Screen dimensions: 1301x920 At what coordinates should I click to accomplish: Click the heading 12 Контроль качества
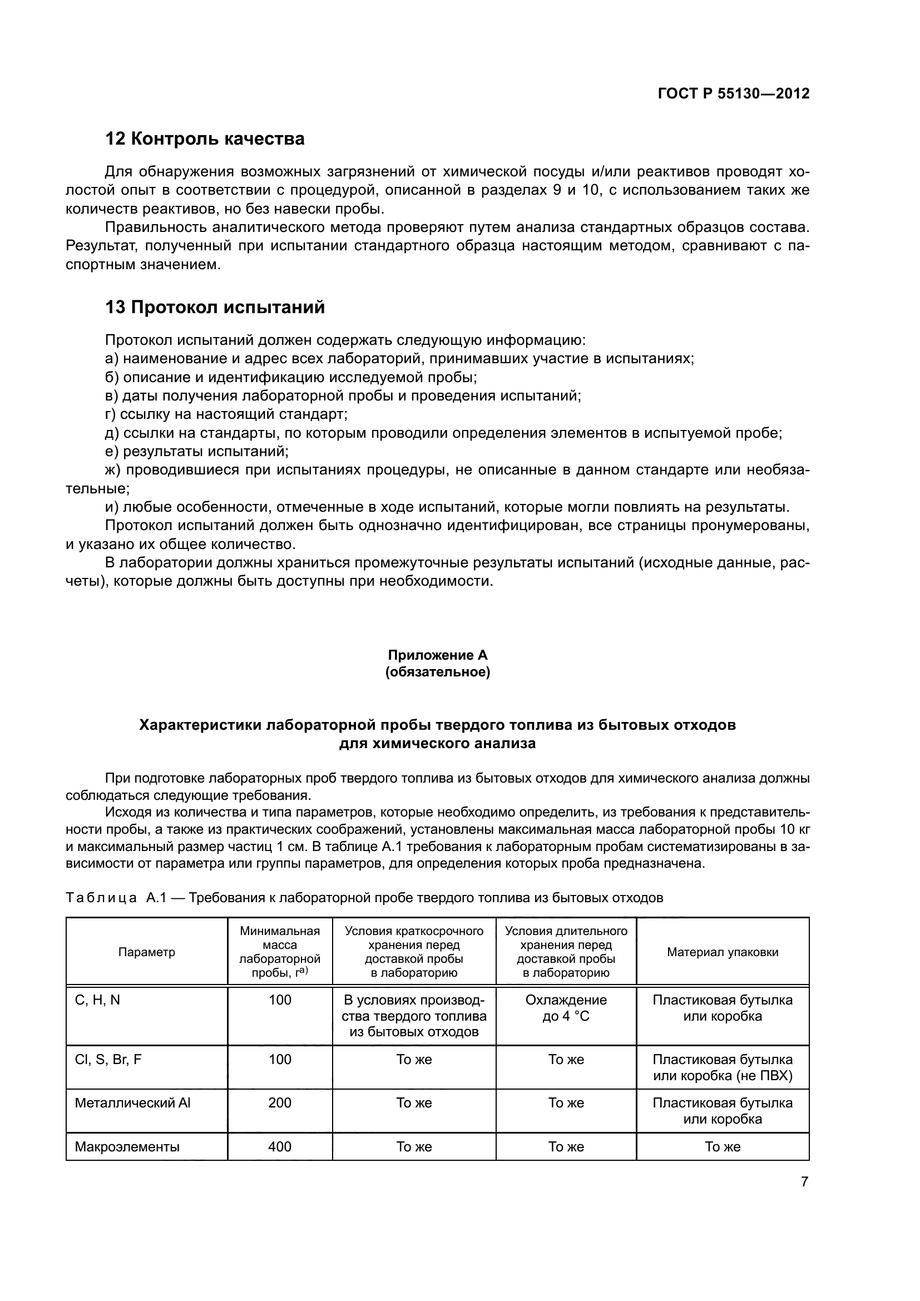point(205,139)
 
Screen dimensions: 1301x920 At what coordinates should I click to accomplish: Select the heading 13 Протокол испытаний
point(215,308)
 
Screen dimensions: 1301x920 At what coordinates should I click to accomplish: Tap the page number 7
point(804,1182)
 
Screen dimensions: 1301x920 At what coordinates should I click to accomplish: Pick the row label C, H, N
point(97,1000)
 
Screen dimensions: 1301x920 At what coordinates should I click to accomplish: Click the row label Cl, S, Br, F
point(108,1060)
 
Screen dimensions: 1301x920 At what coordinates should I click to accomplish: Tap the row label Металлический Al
point(132,1102)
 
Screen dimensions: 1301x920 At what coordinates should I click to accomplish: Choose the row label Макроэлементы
point(127,1147)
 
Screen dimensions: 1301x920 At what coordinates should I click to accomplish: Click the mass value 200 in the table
point(280,1102)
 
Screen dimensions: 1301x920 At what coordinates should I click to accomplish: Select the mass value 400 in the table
point(280,1147)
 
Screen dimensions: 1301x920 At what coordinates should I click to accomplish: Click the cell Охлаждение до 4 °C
point(566,1008)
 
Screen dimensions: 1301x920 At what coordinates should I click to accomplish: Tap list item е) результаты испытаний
point(197,452)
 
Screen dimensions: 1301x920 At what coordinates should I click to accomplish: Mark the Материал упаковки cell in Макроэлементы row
point(723,1147)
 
